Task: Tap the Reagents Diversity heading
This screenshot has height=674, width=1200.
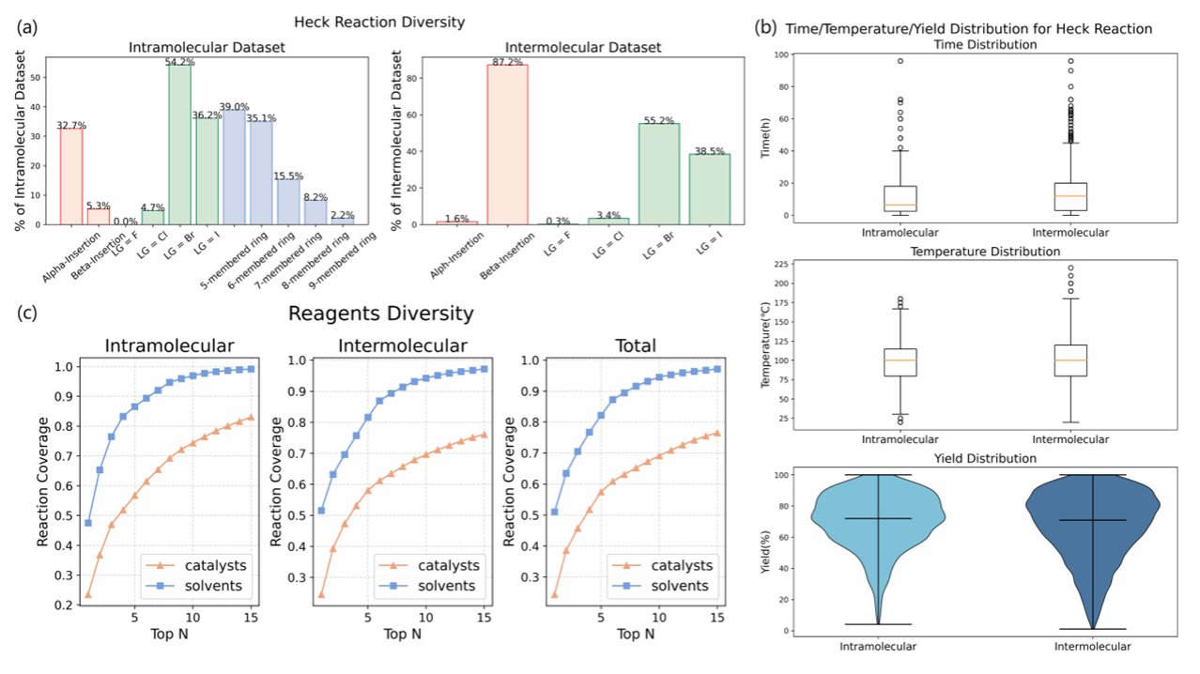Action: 380,314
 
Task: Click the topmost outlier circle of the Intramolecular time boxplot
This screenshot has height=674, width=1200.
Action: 900,61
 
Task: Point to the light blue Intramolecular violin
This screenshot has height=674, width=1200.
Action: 879,526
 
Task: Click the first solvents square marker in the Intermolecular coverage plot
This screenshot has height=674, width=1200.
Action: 320,511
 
